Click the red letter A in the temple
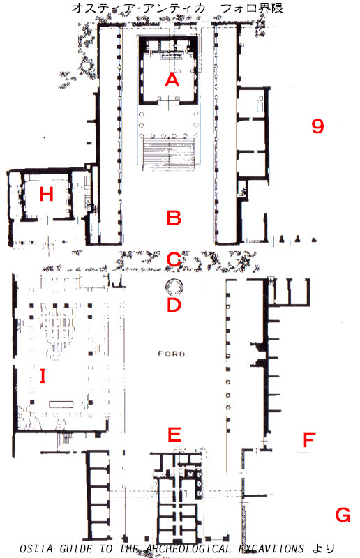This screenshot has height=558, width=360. (x=172, y=80)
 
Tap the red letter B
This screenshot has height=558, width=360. (x=174, y=218)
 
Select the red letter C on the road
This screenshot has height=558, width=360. (x=174, y=259)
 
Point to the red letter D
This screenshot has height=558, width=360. (x=174, y=305)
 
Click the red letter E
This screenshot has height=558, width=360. (x=174, y=434)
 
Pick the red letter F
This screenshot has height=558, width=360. (x=309, y=440)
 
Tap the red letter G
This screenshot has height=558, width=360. (x=343, y=515)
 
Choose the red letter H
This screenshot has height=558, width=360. (x=46, y=195)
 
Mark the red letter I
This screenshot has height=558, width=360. (x=43, y=376)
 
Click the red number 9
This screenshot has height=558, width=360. (x=317, y=126)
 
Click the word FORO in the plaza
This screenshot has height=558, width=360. (x=172, y=354)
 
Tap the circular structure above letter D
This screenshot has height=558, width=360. (x=174, y=287)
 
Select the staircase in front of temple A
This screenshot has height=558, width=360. (x=169, y=153)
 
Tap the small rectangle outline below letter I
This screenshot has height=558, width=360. (x=61, y=405)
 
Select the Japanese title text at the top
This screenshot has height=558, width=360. (x=178, y=8)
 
